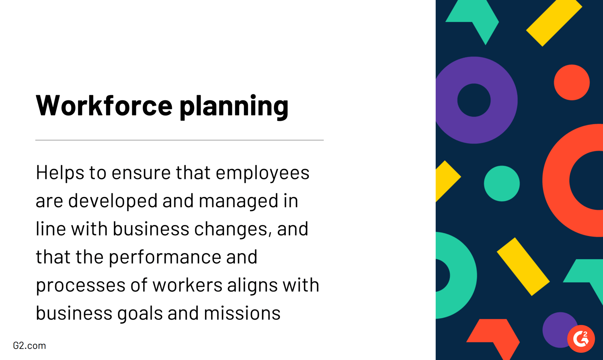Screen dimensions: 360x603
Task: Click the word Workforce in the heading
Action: (x=104, y=105)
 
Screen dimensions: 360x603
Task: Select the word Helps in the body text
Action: (x=60, y=173)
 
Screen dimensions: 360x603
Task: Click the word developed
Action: (x=113, y=201)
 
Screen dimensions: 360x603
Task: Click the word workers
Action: (x=187, y=285)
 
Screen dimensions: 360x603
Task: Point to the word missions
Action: (x=242, y=313)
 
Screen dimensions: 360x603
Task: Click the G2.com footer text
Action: (x=29, y=346)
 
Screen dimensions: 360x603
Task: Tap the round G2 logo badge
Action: (x=581, y=339)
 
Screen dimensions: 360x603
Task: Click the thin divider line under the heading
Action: (x=179, y=140)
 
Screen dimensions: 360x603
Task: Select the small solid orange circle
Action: (x=572, y=82)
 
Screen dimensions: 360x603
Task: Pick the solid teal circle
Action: (x=502, y=184)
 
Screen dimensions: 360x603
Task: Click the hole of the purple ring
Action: (x=474, y=100)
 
